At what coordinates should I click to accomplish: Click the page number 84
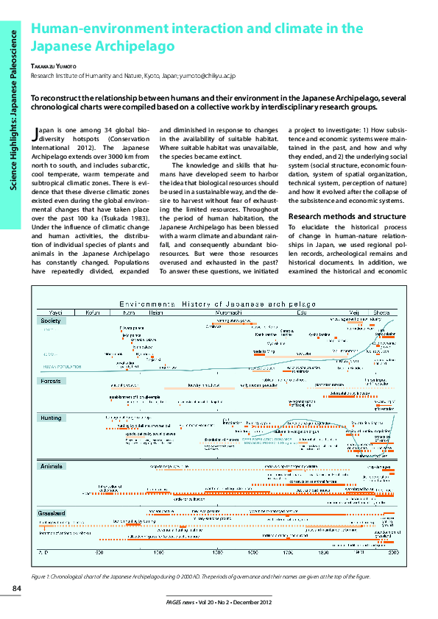tap(15, 587)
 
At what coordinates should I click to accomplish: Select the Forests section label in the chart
tap(51, 381)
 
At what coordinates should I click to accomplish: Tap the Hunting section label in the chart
tap(52, 417)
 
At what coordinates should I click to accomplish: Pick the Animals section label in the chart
tap(52, 466)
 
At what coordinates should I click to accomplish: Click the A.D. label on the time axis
tap(43, 551)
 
